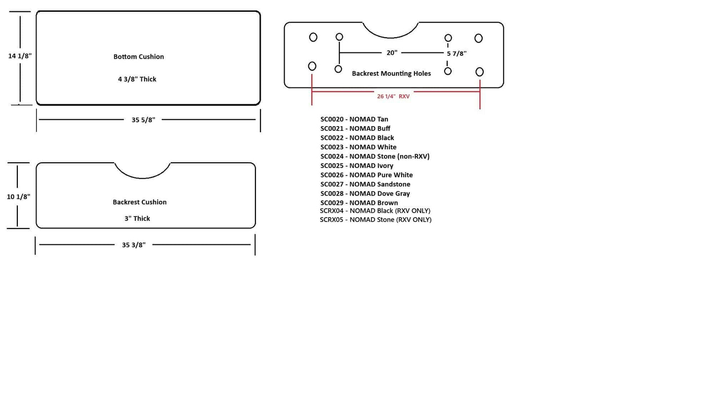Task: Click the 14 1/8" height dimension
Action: [20, 56]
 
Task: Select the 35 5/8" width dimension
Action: [143, 120]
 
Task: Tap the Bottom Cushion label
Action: [138, 57]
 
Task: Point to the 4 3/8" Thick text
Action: [137, 79]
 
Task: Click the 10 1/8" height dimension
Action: [18, 197]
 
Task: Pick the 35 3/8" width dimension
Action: [133, 245]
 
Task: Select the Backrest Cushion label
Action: [139, 202]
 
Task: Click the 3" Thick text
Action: [137, 219]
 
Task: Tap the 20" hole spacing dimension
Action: [392, 52]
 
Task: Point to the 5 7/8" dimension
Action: [457, 53]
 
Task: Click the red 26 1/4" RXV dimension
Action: [393, 96]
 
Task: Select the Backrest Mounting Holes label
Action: [391, 74]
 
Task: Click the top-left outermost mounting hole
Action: [313, 37]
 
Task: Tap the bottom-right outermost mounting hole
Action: [479, 72]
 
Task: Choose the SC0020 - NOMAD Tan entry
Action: [354, 119]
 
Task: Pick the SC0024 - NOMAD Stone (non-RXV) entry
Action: [375, 156]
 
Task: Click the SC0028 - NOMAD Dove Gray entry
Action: [365, 193]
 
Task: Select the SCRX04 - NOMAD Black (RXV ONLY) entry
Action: [375, 211]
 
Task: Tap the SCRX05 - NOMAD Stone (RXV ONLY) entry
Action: [375, 220]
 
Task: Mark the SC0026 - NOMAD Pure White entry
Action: [366, 175]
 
